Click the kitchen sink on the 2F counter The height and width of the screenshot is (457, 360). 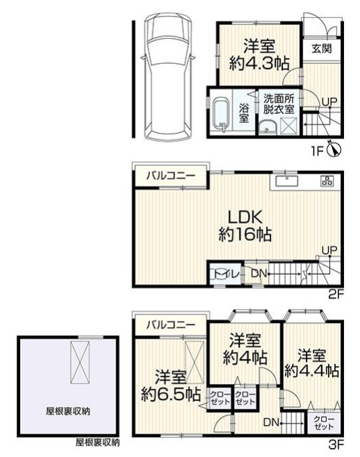[x=286, y=181]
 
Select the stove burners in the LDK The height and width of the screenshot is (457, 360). [x=327, y=181]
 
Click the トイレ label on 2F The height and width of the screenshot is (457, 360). [x=224, y=274]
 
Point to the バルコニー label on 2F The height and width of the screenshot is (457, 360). [x=169, y=176]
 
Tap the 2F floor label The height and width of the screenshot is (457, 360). [x=336, y=294]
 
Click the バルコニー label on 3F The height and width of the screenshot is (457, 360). [x=169, y=323]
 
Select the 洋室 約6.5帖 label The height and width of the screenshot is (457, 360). [x=170, y=387]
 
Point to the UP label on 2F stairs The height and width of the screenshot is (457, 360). [x=329, y=250]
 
